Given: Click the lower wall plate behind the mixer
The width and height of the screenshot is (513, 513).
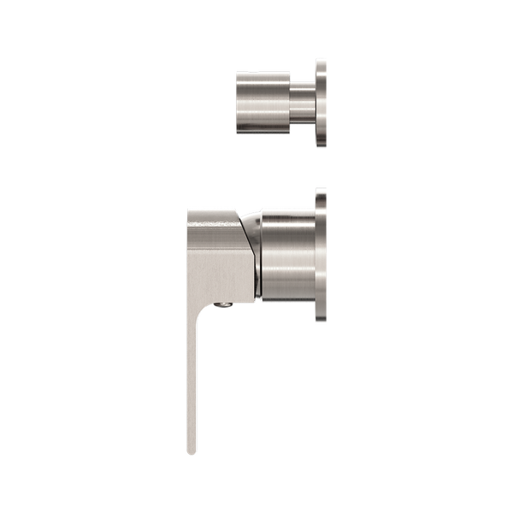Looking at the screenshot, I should coord(321,255).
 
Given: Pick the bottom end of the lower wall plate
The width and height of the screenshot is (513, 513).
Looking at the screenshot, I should coord(321,321).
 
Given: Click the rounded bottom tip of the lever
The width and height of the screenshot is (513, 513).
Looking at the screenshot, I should coord(192,451).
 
